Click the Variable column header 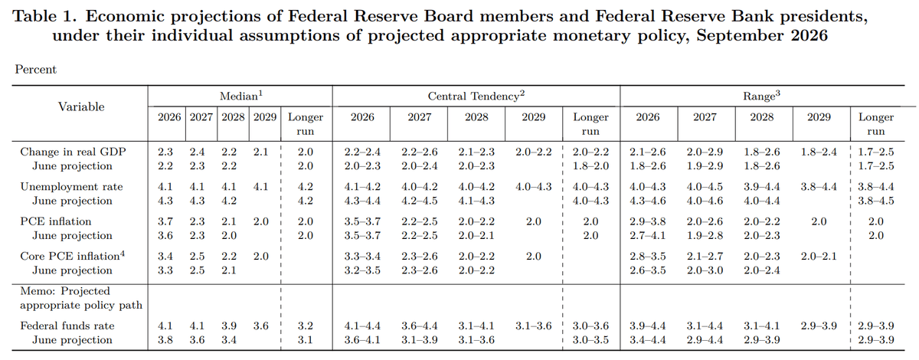tap(81, 106)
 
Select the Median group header tap(240, 96)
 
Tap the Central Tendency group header tap(476, 96)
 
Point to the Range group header tap(761, 96)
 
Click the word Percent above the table tap(36, 70)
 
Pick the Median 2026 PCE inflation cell tap(165, 221)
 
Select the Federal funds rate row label tap(67, 326)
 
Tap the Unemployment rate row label tap(71, 187)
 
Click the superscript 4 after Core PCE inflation tap(123, 254)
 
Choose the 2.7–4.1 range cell tap(647, 236)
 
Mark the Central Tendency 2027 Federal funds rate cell tap(419, 326)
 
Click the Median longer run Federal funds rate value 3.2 tap(306, 326)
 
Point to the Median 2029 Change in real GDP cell tap(260, 152)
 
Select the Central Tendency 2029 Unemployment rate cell tap(533, 187)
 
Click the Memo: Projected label tap(65, 291)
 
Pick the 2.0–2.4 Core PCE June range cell tap(761, 270)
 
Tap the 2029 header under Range tap(819, 117)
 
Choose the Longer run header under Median tap(306, 124)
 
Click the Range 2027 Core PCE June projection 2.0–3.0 tap(705, 270)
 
